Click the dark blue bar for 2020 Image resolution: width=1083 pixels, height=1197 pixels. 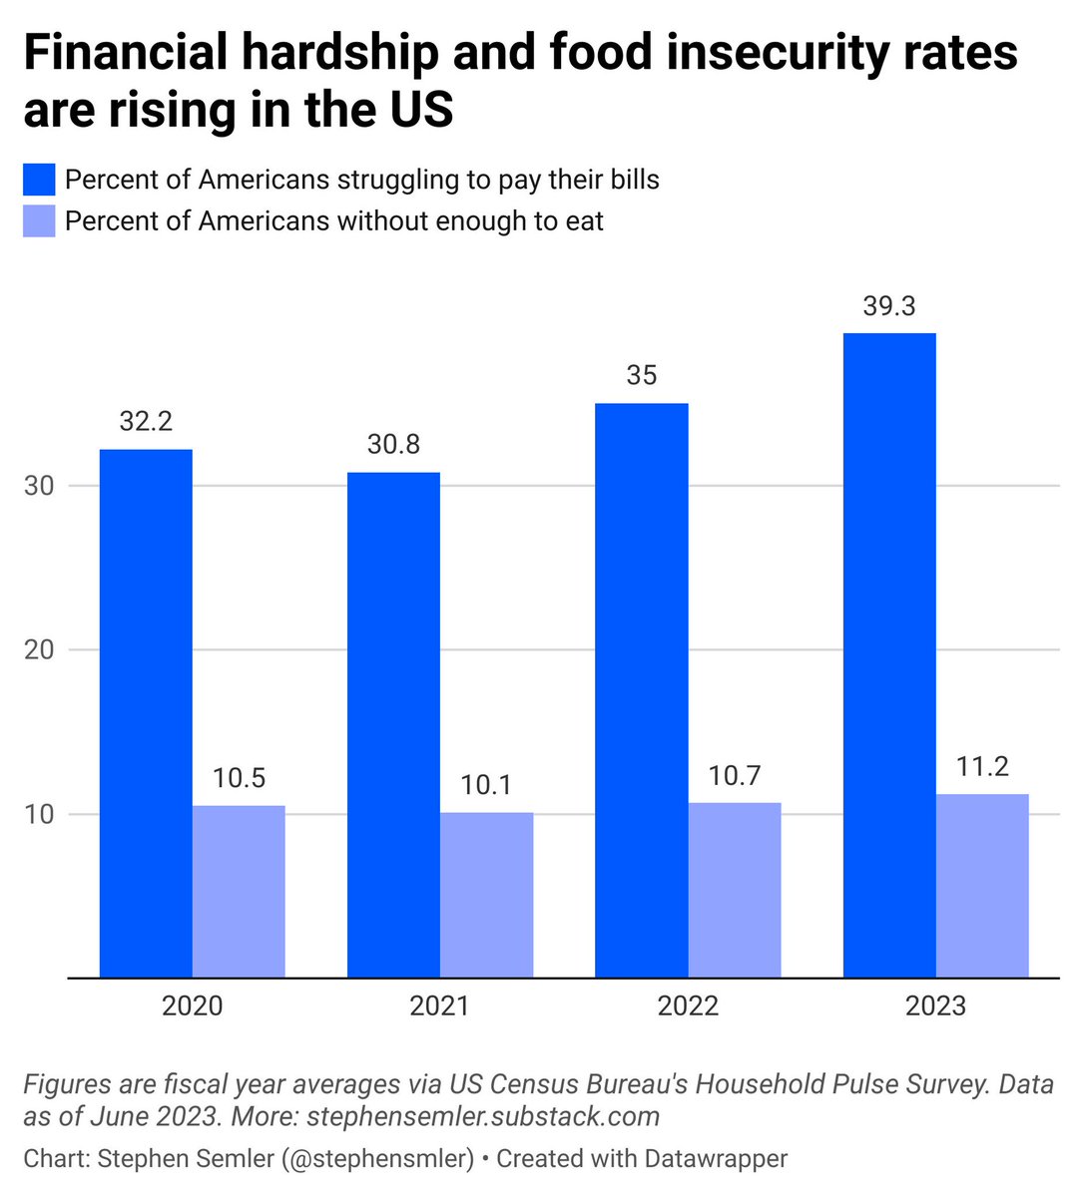point(146,713)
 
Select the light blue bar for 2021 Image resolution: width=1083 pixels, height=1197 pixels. point(486,895)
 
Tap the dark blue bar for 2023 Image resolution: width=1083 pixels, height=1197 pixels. point(889,655)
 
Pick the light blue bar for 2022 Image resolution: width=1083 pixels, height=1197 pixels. point(735,890)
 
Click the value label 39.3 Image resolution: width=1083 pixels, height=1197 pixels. point(889,306)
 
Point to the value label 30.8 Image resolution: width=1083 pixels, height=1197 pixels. point(393,444)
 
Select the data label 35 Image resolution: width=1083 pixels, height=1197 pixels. point(642,375)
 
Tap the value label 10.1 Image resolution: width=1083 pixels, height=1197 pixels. point(486,785)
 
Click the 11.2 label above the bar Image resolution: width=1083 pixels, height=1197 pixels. point(982,766)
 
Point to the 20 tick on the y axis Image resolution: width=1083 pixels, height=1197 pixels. point(39,650)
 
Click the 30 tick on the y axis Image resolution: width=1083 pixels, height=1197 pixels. point(39,487)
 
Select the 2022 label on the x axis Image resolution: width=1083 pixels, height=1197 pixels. point(688,1005)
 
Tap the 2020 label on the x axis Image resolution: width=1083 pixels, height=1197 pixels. point(193,1005)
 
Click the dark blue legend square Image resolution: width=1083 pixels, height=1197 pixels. point(39,181)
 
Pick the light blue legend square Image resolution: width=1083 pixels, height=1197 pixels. point(39,221)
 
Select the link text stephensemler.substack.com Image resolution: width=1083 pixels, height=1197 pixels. point(483,1116)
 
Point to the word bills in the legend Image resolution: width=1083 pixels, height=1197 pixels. point(632,180)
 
